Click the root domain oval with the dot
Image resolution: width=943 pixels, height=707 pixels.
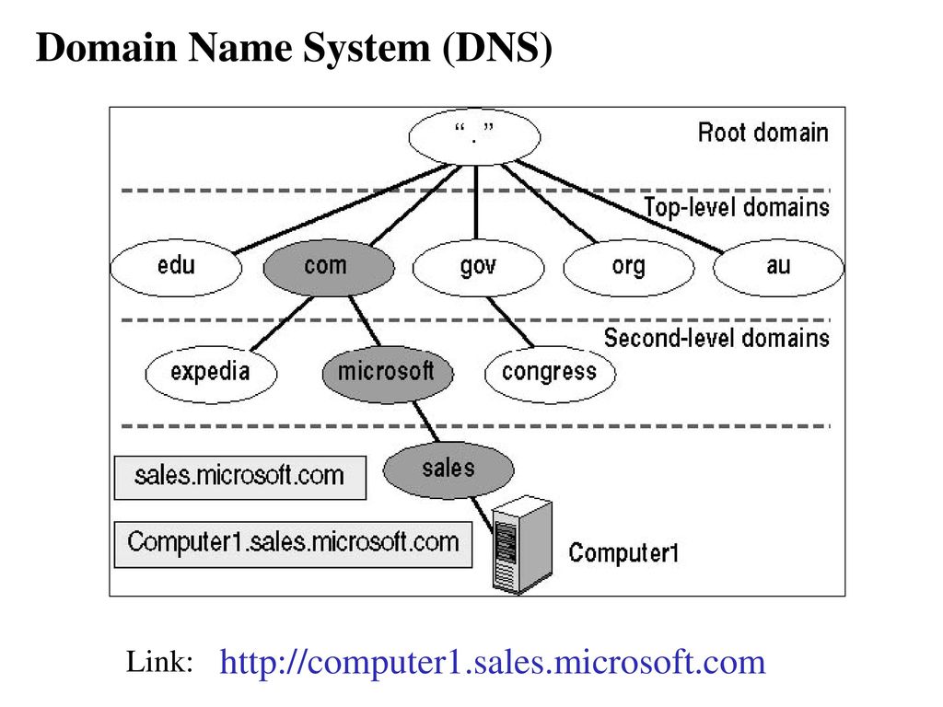click(x=474, y=137)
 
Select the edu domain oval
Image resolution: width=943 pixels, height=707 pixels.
click(x=176, y=268)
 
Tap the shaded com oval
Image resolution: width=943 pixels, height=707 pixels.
click(x=329, y=268)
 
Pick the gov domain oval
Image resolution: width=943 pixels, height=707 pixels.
click(x=478, y=268)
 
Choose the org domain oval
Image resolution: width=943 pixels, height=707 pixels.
click(x=628, y=268)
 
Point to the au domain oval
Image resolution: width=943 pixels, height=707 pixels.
click(x=778, y=268)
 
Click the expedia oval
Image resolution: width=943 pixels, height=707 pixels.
click(x=211, y=374)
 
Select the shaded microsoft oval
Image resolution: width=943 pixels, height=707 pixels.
click(x=388, y=374)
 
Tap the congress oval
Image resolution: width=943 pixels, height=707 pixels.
click(x=550, y=374)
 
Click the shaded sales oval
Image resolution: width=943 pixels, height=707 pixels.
click(x=448, y=470)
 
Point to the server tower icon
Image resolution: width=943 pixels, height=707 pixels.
click(x=521, y=545)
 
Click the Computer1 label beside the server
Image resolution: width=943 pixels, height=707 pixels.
click(x=623, y=553)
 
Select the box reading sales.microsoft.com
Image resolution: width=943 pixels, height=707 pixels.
click(x=240, y=478)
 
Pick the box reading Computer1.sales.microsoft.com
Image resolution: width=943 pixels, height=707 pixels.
click(x=293, y=545)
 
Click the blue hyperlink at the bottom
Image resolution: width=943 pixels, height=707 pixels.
click(x=493, y=663)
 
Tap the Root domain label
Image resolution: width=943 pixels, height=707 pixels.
click(x=763, y=133)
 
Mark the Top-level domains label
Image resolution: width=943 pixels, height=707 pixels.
click(x=737, y=207)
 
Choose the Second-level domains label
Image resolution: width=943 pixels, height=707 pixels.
click(x=716, y=338)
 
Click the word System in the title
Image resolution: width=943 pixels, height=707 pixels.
click(x=367, y=48)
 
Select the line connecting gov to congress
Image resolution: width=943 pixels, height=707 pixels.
click(x=510, y=322)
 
